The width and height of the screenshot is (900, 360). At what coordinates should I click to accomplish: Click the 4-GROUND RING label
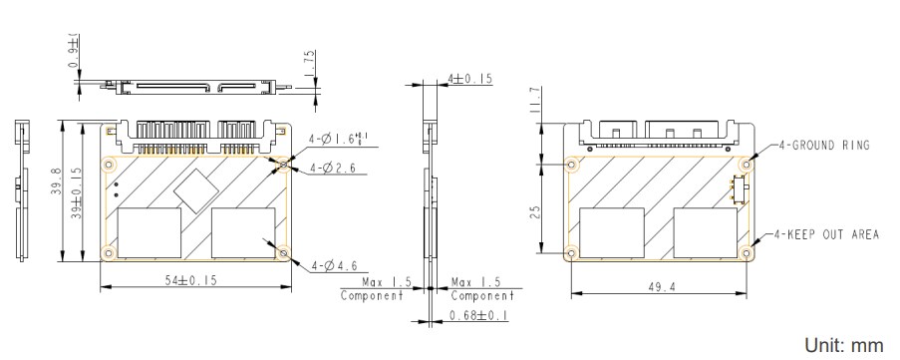(821, 146)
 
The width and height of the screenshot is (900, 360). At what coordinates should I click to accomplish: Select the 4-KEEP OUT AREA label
(826, 235)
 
